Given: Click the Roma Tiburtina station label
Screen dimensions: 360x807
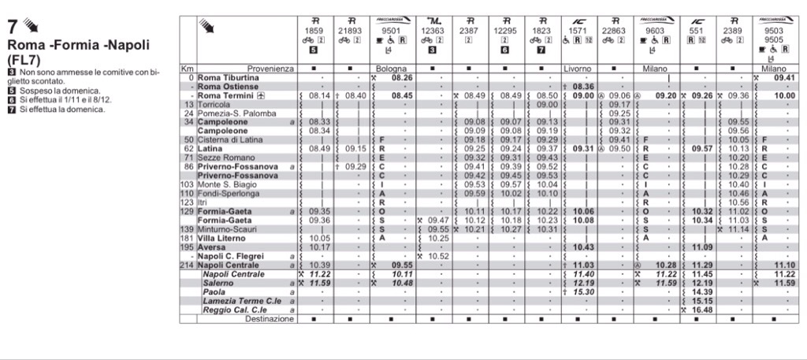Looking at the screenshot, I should pos(228,78).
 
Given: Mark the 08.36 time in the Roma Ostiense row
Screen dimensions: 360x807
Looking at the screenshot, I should pos(583,86).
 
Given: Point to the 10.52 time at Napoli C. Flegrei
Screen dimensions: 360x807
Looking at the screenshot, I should pos(438,256).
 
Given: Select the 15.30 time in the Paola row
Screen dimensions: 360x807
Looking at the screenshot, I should pos(583,291).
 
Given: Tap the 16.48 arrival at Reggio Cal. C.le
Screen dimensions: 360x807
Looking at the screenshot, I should pos(702,310).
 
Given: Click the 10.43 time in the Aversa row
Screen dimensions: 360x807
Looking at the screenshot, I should pos(583,247).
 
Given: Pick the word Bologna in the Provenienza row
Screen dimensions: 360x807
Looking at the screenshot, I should pos(391,69).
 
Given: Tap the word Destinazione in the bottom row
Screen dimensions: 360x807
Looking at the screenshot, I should pos(270,319).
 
